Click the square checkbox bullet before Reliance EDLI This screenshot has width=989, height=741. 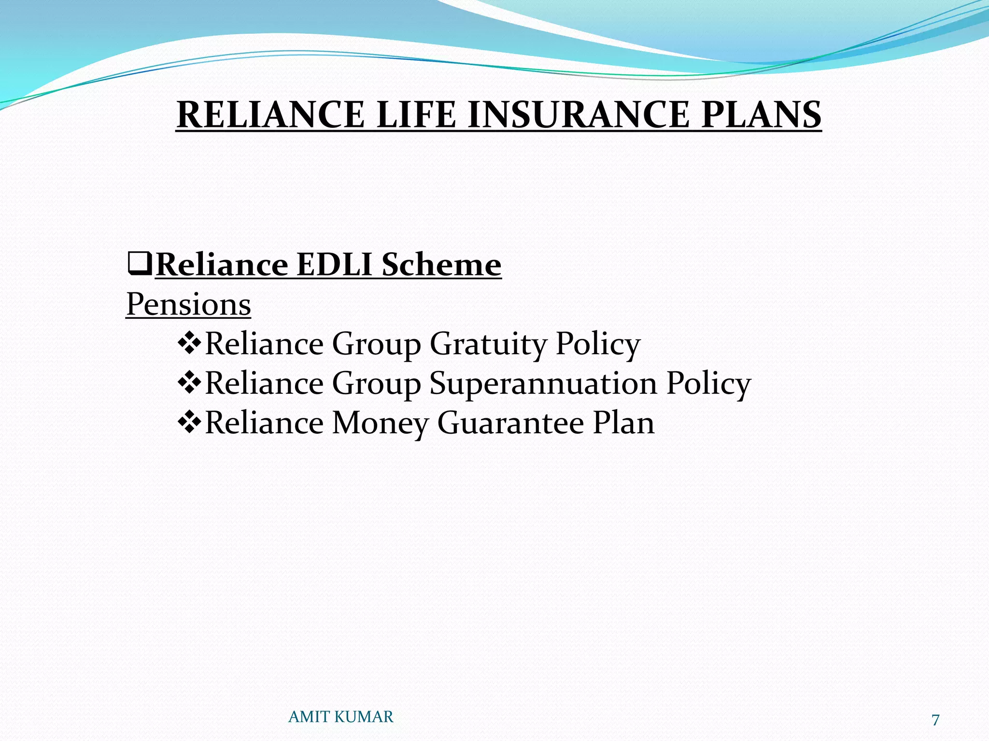[x=140, y=265]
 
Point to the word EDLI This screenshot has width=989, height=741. [x=334, y=265]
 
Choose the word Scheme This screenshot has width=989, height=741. [x=441, y=265]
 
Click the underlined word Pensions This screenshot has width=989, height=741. [x=188, y=304]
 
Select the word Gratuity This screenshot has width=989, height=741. [x=488, y=344]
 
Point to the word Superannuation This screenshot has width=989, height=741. [x=543, y=384]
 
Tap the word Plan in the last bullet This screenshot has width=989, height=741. [x=623, y=423]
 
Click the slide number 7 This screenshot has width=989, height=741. [x=935, y=720]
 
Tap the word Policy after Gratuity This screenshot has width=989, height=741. [x=598, y=344]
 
